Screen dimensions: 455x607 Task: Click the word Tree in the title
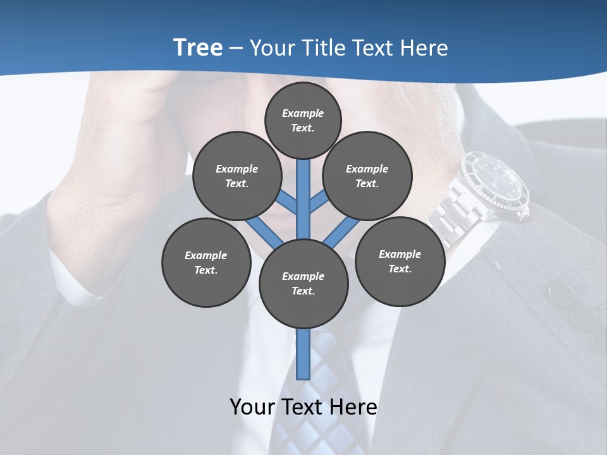tap(198, 47)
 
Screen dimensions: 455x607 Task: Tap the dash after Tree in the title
tap(236, 49)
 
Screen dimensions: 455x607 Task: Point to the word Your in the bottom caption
tap(254, 407)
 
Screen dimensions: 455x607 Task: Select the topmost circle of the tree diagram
tap(303, 120)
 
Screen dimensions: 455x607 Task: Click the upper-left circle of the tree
tap(236, 176)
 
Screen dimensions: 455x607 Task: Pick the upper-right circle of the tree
tap(367, 176)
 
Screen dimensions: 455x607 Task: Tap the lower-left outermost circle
tap(205, 262)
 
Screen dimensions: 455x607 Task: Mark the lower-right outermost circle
tap(400, 261)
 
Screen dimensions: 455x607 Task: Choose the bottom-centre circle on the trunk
tap(303, 283)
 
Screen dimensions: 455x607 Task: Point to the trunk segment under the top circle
tap(303, 190)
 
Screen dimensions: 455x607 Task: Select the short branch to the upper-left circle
tap(288, 202)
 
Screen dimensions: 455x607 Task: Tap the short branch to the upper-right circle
tap(319, 202)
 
